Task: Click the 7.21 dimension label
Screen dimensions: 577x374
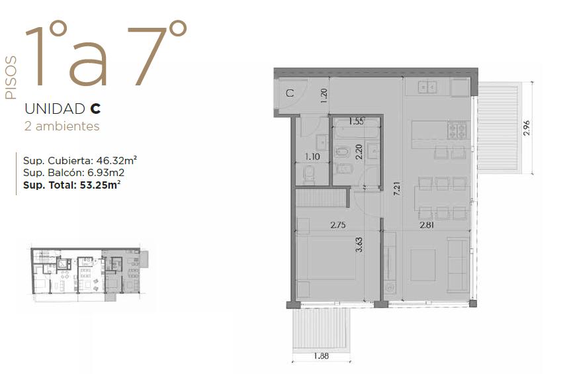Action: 397,188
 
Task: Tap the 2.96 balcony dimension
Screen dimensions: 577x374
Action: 527,128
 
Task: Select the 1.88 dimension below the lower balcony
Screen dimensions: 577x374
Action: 321,356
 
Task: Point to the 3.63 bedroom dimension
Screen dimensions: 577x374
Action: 359,244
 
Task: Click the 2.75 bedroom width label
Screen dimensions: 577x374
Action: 338,225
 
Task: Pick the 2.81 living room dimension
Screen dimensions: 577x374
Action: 427,225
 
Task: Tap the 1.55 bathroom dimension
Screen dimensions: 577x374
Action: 356,121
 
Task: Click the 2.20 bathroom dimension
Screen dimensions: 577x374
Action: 359,152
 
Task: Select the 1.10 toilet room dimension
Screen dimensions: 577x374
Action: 312,157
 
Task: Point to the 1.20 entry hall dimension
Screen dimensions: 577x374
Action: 324,96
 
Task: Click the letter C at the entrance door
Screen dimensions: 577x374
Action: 290,93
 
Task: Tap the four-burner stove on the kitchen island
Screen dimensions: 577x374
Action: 457,130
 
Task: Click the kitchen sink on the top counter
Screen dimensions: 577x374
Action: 427,87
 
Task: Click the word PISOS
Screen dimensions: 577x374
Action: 11,77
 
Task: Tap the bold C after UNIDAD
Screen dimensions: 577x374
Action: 95,109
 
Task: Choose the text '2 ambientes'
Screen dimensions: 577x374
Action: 62,126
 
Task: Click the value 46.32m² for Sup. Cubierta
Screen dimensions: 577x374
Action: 116,160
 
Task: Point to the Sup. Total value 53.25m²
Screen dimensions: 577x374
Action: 100,185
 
